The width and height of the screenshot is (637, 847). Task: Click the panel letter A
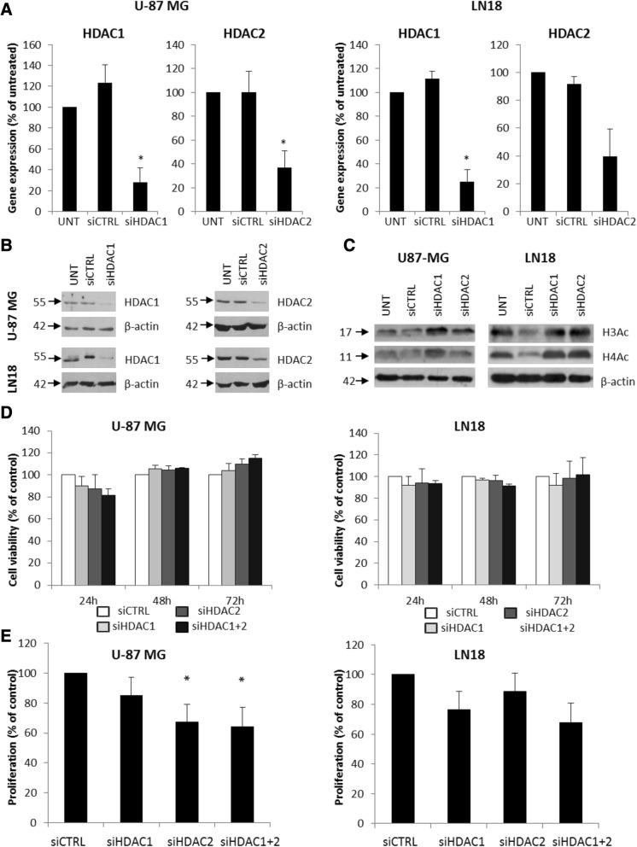click(9, 10)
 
